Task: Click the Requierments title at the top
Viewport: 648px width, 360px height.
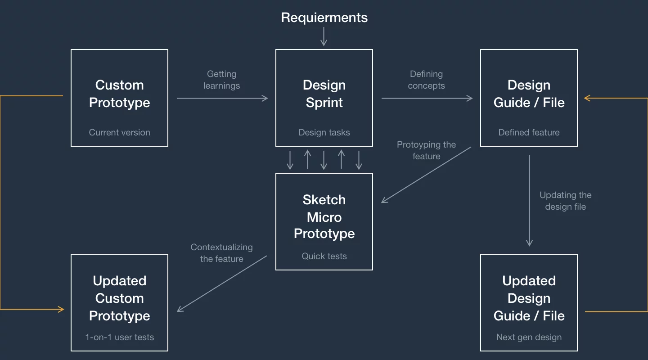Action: pos(324,18)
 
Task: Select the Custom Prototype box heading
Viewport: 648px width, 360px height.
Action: pos(119,94)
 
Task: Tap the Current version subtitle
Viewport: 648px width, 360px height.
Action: pos(119,132)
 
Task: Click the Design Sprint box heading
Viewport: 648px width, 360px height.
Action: pos(324,94)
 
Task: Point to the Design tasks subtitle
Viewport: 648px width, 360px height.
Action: pos(324,132)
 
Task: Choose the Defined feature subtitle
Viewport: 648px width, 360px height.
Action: pos(529,132)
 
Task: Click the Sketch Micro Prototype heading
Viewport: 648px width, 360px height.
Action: pos(324,216)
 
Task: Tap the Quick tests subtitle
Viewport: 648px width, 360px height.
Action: pos(324,256)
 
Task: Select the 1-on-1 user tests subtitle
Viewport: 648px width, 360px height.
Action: pos(119,337)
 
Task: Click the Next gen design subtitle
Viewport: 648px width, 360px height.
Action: pos(529,337)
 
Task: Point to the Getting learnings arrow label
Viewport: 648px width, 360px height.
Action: pos(221,80)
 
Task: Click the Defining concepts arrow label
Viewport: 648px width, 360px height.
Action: pos(426,80)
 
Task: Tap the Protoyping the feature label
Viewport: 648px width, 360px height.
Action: pos(426,150)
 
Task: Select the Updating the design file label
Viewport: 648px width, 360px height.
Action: pos(565,201)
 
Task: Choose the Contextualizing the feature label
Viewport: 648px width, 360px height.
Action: pos(221,253)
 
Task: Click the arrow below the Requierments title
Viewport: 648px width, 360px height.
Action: pos(324,36)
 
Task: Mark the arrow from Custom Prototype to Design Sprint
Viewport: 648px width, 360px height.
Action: pos(222,98)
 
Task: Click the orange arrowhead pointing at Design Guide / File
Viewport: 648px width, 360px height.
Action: pos(587,98)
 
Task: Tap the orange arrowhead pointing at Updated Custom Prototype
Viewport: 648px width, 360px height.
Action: pos(61,309)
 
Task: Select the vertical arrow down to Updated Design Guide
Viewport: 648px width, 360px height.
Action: pos(529,201)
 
